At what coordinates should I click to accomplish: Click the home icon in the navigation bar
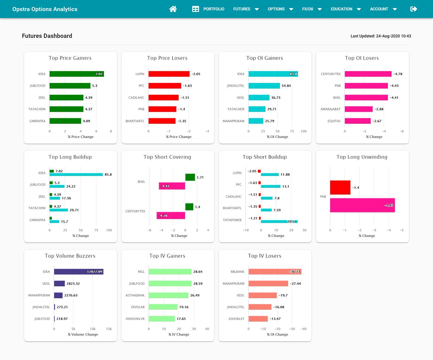[173, 9]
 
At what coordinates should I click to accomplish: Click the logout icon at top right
[414, 9]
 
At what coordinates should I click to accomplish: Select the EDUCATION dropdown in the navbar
[345, 9]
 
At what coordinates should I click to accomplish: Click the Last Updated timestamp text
[381, 36]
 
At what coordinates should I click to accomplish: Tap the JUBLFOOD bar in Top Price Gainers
[70, 86]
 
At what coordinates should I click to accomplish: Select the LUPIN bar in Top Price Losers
[169, 74]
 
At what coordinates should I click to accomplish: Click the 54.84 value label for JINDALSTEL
[287, 86]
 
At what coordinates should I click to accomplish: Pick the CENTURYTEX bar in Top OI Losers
[368, 74]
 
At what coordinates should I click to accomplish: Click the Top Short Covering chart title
[167, 157]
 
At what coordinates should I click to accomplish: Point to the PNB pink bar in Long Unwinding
[362, 205]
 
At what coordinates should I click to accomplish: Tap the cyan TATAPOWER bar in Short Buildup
[279, 221]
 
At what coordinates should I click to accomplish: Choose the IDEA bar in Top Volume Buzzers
[78, 272]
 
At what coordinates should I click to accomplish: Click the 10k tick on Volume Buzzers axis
[92, 329]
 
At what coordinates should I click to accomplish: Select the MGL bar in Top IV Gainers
[170, 272]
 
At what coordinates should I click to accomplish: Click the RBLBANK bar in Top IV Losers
[275, 272]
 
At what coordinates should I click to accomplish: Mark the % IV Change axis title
[179, 334]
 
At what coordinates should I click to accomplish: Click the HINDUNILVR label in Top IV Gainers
[135, 319]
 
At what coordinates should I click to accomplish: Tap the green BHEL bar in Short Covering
[190, 177]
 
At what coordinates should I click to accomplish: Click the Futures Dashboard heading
[47, 36]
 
